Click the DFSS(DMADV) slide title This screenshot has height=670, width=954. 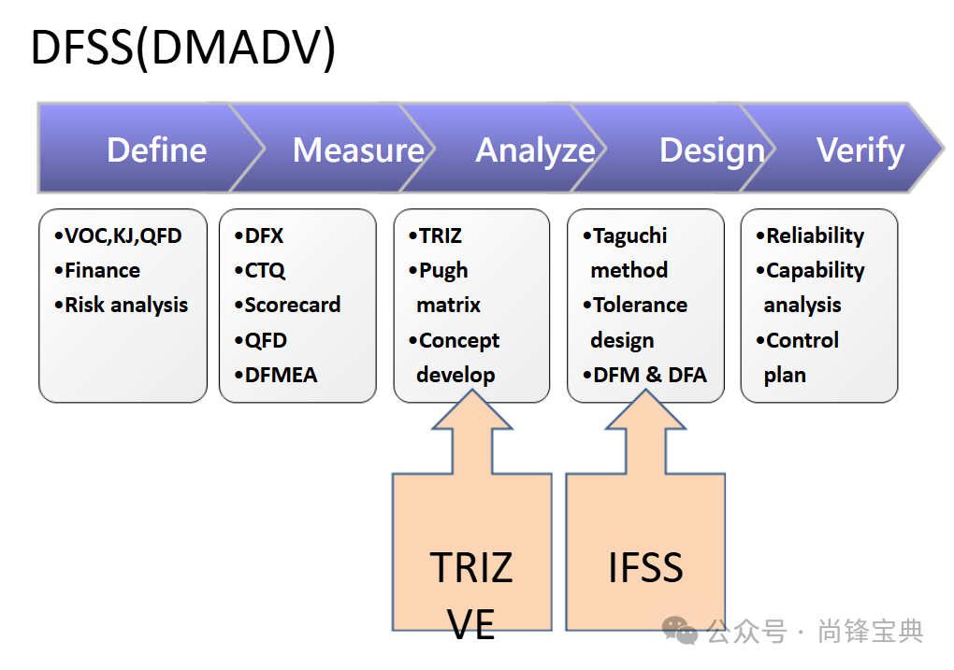point(183,49)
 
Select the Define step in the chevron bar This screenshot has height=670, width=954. point(156,150)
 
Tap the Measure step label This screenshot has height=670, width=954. point(358,150)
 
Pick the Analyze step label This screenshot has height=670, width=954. point(535,150)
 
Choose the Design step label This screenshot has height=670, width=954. point(712,150)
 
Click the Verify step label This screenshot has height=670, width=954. point(860,150)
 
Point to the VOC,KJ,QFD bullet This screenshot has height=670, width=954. point(119,235)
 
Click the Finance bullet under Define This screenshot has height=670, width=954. point(98,271)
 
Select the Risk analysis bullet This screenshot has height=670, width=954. point(122,306)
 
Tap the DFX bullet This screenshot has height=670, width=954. point(259,235)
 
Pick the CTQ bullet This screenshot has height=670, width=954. point(260,271)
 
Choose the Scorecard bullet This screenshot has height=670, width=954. point(287,306)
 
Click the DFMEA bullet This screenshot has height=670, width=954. point(276,376)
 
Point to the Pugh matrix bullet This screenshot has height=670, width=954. point(444,288)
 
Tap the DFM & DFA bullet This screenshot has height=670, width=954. point(645,376)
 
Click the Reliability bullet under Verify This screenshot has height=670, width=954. point(810,235)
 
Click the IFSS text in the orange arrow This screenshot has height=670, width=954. point(645,567)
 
